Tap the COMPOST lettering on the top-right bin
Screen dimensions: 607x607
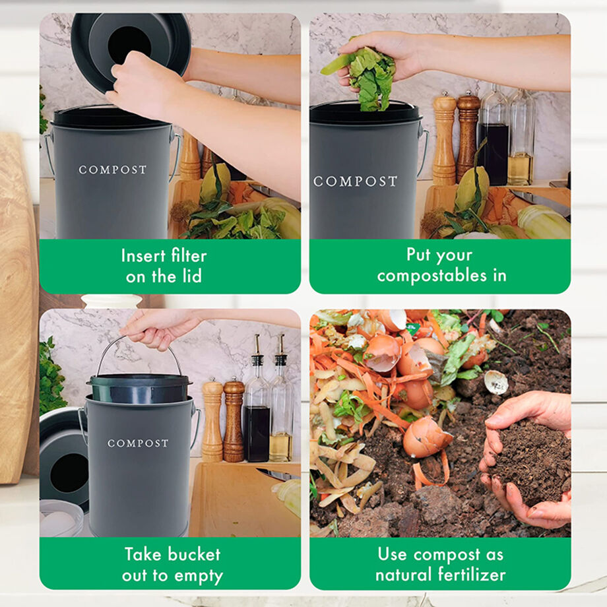pyautogui.click(x=355, y=181)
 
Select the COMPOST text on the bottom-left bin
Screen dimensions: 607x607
pyautogui.click(x=137, y=443)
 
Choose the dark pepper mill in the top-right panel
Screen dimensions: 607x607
pyautogui.click(x=468, y=135)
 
